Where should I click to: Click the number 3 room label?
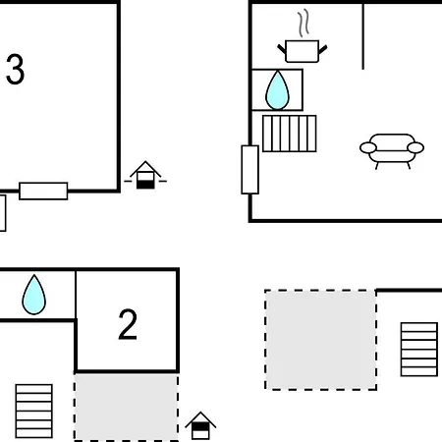15,69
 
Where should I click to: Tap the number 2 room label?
128,324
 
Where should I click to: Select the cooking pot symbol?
303,51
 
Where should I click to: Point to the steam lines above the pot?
304,23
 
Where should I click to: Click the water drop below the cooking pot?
277,89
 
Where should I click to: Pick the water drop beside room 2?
34,295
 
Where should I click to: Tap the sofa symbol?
392,151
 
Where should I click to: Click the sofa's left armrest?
368,147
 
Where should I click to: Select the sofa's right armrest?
415,147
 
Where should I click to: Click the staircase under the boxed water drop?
290,134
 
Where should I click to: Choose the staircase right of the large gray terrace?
419,350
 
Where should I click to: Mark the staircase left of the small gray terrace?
34,411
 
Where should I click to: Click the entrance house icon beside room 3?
145,175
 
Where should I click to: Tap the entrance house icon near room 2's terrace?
200,425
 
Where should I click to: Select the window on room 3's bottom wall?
43,191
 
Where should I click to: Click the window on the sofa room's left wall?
250,170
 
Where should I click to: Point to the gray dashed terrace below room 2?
127,407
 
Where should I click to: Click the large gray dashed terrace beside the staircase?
321,340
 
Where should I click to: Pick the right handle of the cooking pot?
323,50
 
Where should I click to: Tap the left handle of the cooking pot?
282,49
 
